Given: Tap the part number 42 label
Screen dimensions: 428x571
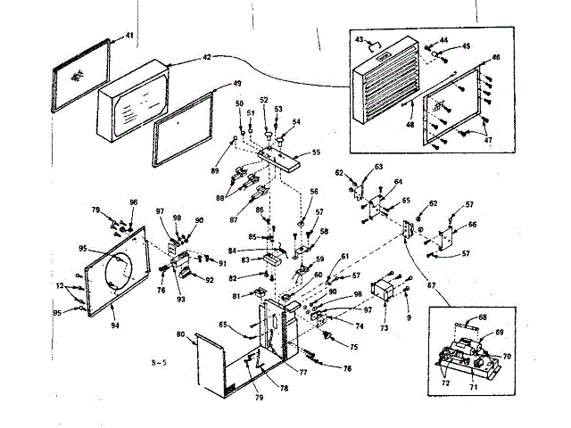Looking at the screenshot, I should coord(207,56).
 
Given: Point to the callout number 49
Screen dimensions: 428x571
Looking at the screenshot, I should coord(237,83).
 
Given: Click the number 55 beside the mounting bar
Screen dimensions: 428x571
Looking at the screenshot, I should coord(316,153).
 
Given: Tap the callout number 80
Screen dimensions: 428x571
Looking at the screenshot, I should coord(180,334).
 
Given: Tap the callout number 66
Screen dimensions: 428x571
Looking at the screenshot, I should coord(473,225).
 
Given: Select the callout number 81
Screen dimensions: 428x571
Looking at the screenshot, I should coord(236,296).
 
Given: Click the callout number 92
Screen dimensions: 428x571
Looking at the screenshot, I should coord(210,280).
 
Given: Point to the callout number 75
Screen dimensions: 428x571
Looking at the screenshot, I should coord(354,347).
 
